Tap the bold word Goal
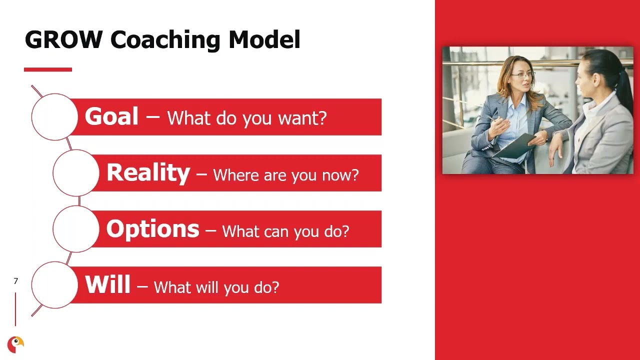click(111, 116)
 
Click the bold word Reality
click(148, 173)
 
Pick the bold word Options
click(152, 229)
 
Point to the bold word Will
click(107, 285)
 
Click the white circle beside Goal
click(54, 116)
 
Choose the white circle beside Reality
click(76, 173)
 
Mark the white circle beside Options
click(76, 229)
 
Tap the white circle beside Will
click(54, 285)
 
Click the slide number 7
click(15, 281)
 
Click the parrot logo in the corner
click(15, 344)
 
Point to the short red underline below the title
click(48, 69)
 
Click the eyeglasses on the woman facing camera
click(523, 75)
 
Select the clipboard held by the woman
click(515, 145)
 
